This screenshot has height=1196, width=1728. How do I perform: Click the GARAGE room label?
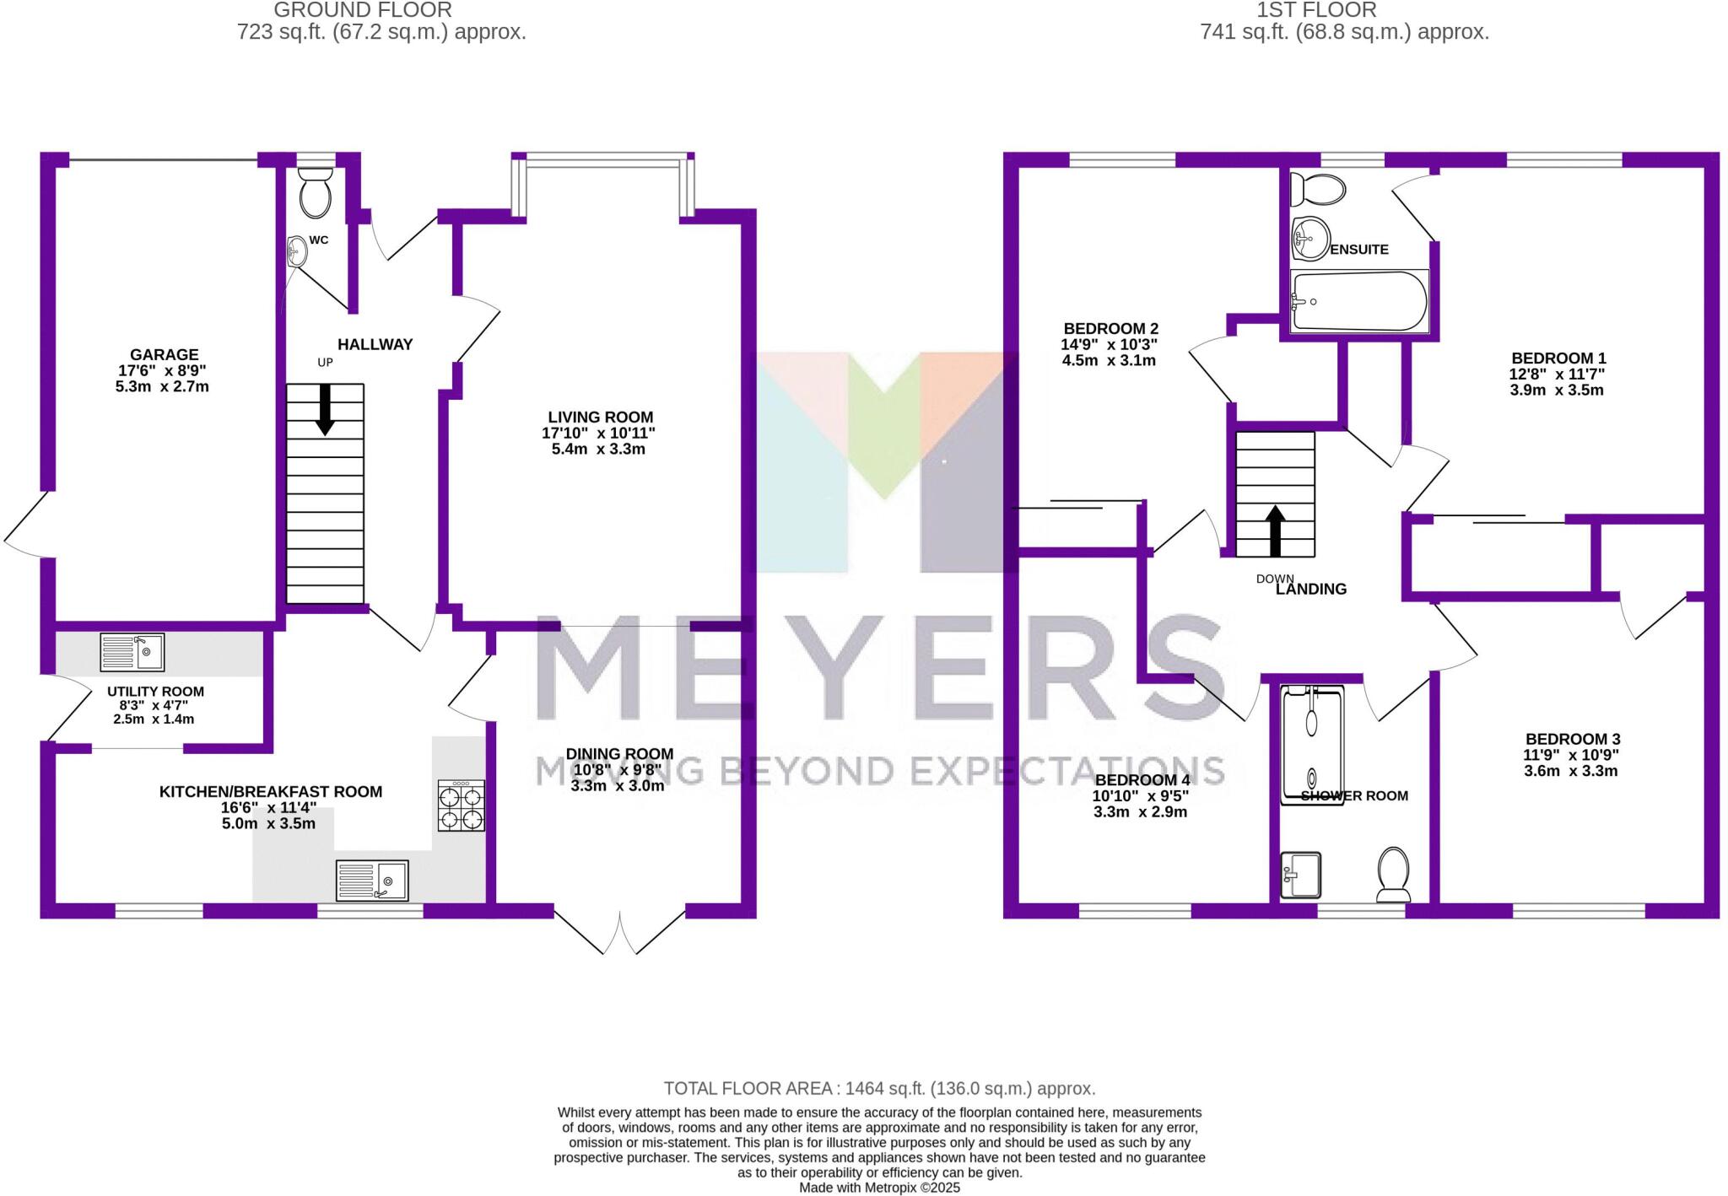[165, 355]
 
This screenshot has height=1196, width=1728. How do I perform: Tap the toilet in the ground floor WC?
[316, 192]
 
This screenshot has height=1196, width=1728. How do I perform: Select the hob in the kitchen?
[461, 806]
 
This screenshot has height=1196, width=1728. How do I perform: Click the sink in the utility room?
[132, 652]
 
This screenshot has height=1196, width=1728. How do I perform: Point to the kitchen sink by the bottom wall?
[371, 881]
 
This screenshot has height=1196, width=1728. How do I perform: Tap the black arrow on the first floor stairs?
[1275, 530]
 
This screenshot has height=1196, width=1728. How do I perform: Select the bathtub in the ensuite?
[1358, 301]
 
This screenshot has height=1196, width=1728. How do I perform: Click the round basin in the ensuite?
[1309, 238]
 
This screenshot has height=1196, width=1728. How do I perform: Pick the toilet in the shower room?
[1393, 875]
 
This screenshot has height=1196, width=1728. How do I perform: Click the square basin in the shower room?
[1300, 875]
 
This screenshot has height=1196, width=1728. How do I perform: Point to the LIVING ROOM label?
[600, 417]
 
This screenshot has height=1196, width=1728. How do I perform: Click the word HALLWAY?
[375, 344]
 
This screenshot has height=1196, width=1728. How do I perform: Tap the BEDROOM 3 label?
[1572, 739]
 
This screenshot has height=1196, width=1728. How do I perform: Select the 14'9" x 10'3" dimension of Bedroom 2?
[1109, 344]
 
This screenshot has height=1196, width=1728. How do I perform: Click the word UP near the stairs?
[325, 363]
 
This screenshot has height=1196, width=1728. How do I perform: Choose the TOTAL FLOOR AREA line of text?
[879, 1088]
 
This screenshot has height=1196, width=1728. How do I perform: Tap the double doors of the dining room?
[619, 932]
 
